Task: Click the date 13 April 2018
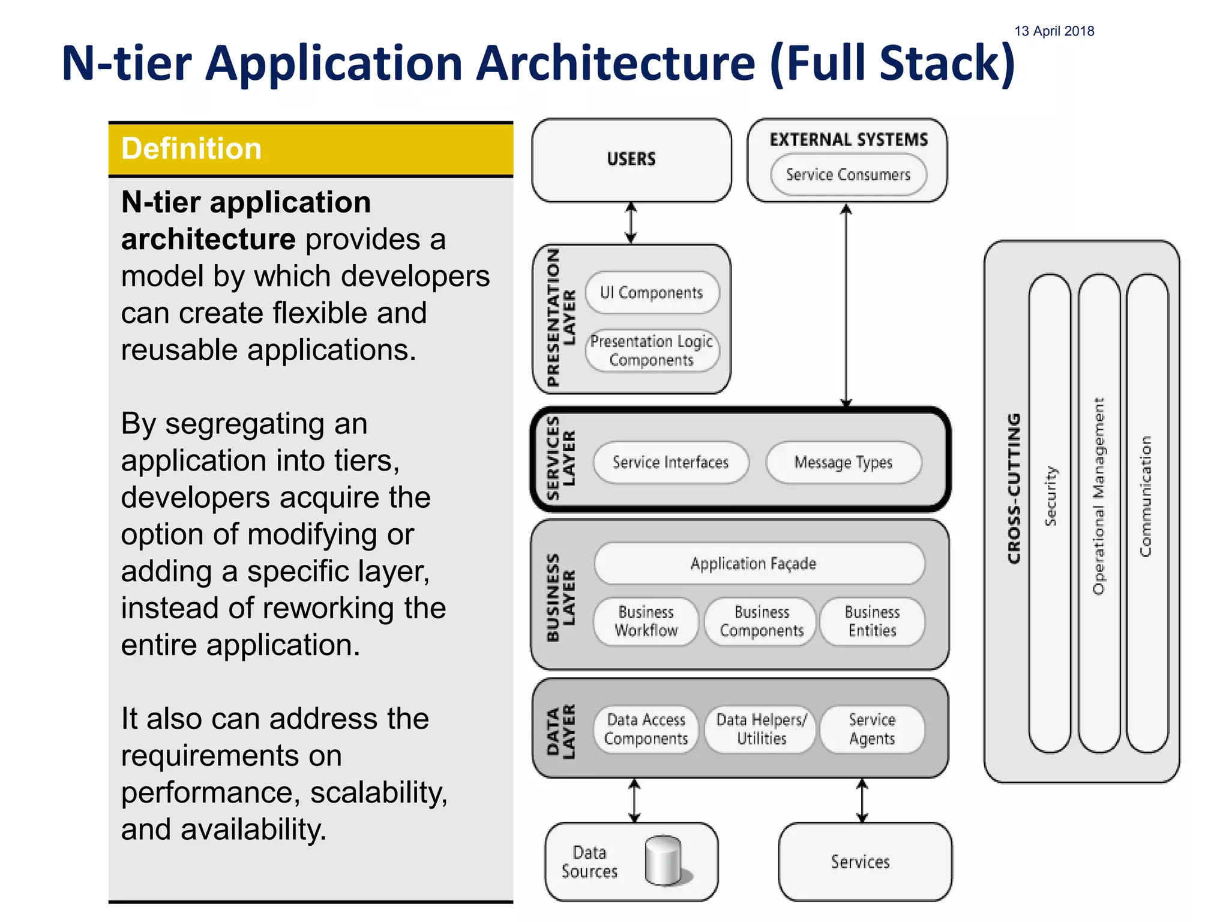point(1054,31)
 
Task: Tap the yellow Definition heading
point(191,149)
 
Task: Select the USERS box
point(631,160)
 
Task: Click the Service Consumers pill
point(848,175)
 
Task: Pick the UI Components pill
point(652,293)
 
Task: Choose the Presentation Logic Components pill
point(652,351)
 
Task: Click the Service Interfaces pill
point(670,462)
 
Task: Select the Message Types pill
point(843,462)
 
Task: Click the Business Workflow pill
point(646,621)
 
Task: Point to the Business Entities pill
point(872,621)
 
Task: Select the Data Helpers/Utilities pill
point(761,729)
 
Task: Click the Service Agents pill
point(872,729)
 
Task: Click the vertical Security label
point(1050,496)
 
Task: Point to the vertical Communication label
point(1146,496)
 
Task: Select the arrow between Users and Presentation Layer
point(631,223)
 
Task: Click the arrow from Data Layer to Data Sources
point(634,800)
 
